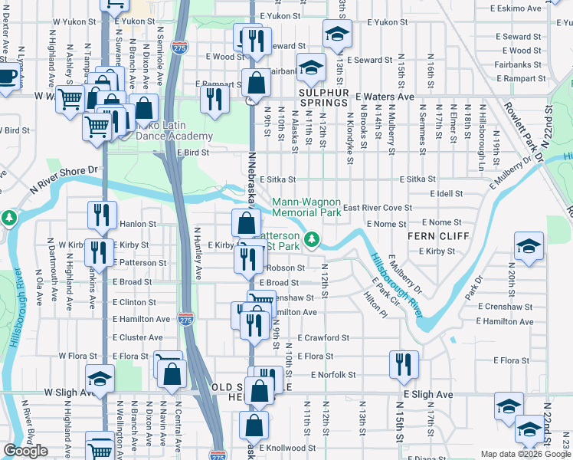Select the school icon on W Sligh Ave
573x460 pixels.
coord(99,381)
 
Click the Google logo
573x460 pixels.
coord(25,451)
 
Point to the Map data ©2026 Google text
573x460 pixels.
coord(524,454)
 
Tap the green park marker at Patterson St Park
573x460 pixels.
coord(311,240)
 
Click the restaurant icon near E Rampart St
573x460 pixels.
coord(214,98)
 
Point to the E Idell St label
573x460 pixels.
coord(448,194)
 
